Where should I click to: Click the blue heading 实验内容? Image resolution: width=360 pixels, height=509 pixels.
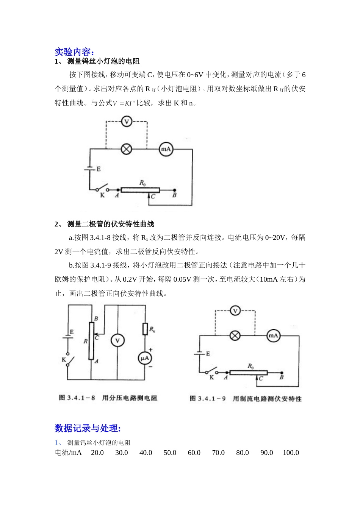[x=74, y=52]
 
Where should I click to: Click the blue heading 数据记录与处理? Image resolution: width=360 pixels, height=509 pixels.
[x=88, y=428]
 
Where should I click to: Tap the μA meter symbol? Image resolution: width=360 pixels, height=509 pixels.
[x=145, y=358]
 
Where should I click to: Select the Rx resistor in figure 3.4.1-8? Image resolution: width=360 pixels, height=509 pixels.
[x=145, y=329]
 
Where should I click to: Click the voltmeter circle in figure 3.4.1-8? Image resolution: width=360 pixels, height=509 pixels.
[x=117, y=340]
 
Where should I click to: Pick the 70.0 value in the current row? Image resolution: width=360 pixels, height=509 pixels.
[x=218, y=453]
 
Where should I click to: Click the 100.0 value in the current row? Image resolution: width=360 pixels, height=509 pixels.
[x=291, y=453]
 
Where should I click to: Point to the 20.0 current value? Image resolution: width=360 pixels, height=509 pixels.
[x=97, y=453]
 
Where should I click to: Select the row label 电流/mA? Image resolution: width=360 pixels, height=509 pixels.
[x=68, y=453]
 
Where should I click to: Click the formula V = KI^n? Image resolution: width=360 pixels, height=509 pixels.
[x=124, y=103]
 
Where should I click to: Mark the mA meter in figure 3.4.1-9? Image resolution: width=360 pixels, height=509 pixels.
[x=273, y=336]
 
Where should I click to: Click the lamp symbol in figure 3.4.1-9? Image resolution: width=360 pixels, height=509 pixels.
[x=235, y=336]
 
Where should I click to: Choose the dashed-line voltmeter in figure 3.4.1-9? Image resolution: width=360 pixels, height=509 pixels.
[x=235, y=311]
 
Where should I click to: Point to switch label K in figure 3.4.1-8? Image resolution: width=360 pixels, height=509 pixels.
[x=64, y=359]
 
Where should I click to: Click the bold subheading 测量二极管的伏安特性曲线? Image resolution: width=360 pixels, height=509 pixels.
[x=110, y=224]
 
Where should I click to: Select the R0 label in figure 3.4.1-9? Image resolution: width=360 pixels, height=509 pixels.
[x=250, y=366]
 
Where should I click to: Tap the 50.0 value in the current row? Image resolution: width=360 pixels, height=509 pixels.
[x=170, y=453]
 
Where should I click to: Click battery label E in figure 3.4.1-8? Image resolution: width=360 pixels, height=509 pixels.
[x=72, y=332]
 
